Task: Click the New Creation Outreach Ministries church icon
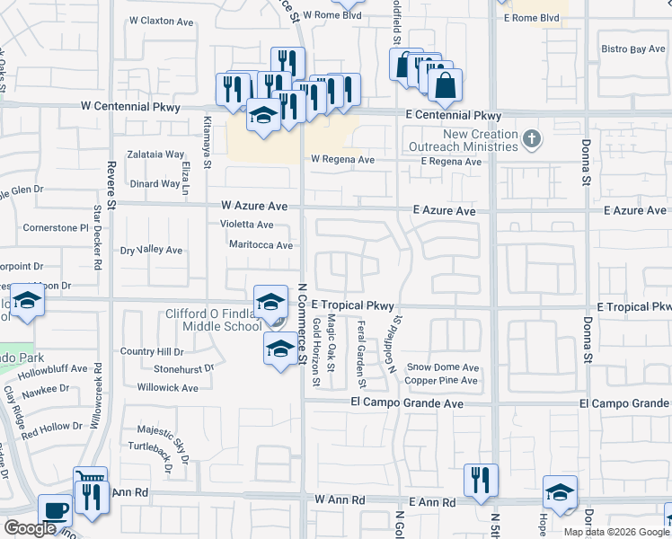tap(532, 138)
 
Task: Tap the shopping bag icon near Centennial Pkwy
tap(445, 86)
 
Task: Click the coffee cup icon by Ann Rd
tap(55, 510)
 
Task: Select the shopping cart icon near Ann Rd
tap(90, 480)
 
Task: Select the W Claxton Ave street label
tap(160, 19)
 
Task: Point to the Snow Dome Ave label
tap(443, 367)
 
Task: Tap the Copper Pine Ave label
tap(441, 381)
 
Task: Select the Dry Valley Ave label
tap(152, 251)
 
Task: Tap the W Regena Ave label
tap(342, 160)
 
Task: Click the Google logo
tap(31, 528)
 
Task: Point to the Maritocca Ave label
tap(261, 244)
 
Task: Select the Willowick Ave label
tap(168, 388)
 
